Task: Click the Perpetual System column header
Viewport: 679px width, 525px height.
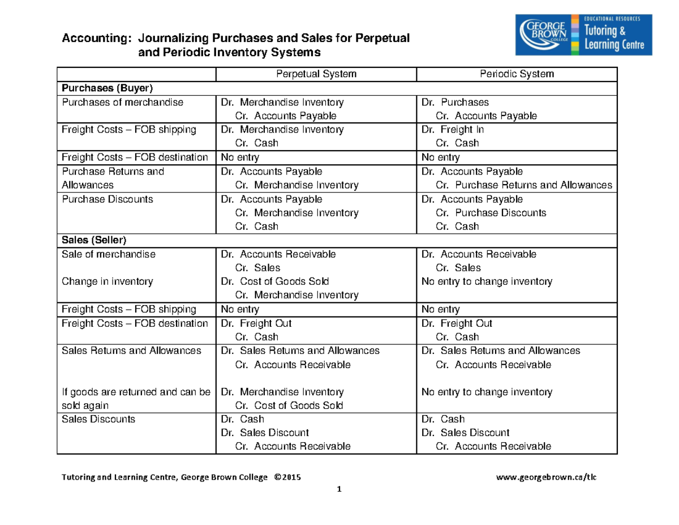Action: pyautogui.click(x=316, y=74)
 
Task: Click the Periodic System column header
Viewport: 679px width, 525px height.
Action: pyautogui.click(x=517, y=74)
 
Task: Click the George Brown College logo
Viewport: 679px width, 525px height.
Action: pyautogui.click(x=584, y=35)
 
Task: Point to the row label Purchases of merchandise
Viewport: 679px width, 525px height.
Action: pyautogui.click(x=123, y=103)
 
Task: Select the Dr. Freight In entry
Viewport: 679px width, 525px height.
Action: pyautogui.click(x=453, y=129)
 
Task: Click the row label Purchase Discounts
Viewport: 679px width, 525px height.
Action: pyautogui.click(x=99, y=199)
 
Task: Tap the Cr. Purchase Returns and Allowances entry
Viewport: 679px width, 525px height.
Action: pyautogui.click(x=524, y=185)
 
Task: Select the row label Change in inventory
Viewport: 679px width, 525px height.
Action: pyautogui.click(x=100, y=281)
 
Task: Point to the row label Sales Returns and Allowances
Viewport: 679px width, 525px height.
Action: pyautogui.click(x=131, y=351)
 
